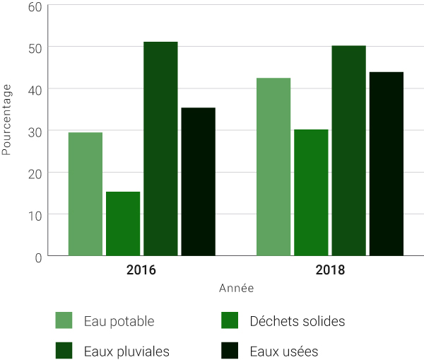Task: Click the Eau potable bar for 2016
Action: click(86, 194)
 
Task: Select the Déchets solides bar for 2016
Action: click(123, 223)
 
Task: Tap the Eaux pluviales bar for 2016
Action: click(160, 149)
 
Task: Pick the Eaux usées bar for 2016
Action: click(198, 181)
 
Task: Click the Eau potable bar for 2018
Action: click(273, 166)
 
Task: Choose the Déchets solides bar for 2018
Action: click(311, 192)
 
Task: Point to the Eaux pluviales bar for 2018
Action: click(348, 151)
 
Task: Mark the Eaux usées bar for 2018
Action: click(386, 163)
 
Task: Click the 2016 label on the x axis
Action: click(141, 270)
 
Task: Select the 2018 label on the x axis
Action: click(330, 270)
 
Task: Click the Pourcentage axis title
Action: click(7, 120)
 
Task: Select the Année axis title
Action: click(236, 289)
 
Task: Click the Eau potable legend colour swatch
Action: click(64, 321)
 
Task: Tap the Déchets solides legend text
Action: click(298, 321)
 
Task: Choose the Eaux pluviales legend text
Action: click(126, 351)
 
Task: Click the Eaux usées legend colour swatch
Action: click(230, 351)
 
